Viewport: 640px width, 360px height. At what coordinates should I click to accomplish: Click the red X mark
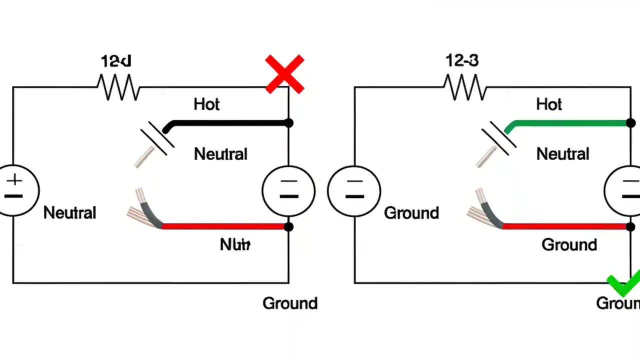pos(284,74)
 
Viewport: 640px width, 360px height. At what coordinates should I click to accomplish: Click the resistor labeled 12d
pos(118,87)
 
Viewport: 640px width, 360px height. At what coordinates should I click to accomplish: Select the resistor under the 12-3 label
pos(465,87)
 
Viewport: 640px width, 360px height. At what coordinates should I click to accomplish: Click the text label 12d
pos(116,61)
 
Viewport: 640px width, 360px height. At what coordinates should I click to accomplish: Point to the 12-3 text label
pos(462,61)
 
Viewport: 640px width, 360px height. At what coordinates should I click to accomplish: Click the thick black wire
pos(230,122)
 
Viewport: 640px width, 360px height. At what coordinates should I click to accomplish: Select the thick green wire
pos(570,122)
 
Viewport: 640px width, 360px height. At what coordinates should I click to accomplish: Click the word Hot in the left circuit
pos(206,104)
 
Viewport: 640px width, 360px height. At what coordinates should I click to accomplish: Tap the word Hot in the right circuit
pos(549,104)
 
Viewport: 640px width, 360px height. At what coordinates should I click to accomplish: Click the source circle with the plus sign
pos(15,190)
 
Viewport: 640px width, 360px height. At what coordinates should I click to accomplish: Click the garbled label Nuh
pos(235,244)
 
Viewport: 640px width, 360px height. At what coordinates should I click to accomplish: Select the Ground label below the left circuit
pos(290,303)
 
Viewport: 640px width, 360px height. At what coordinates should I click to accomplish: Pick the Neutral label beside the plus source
pos(69,213)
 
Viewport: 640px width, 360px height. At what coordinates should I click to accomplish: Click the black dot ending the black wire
pos(288,122)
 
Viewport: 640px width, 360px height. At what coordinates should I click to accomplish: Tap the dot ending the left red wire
pos(288,226)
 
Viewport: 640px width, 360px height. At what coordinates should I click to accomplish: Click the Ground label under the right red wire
pos(569,244)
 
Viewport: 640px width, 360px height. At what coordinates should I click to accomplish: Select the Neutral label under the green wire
pos(562,154)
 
